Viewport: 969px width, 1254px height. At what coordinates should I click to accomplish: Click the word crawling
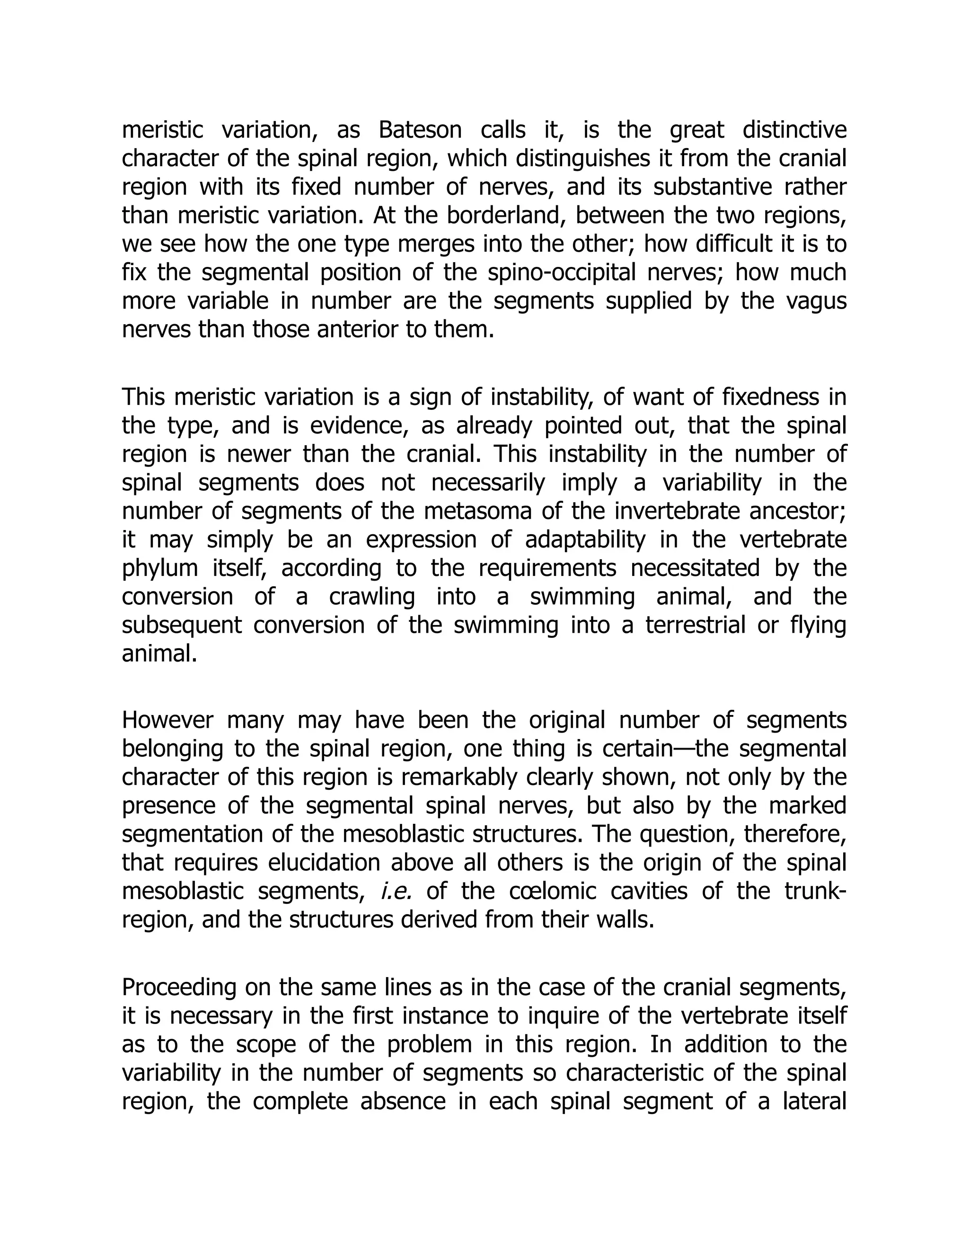click(x=372, y=597)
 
